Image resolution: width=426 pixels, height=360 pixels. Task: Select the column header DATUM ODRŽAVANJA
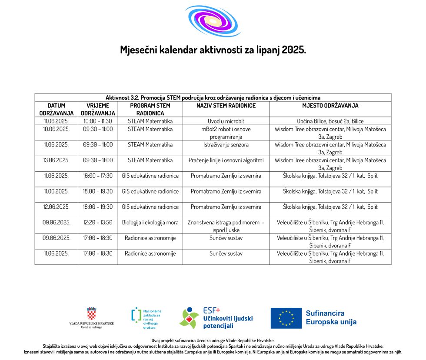56,109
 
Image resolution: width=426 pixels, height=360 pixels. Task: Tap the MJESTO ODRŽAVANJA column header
330,105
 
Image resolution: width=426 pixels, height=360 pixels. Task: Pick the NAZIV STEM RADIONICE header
226,105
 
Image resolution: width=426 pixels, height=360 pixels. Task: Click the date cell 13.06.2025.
56,160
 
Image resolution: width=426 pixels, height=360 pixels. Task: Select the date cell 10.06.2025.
56,129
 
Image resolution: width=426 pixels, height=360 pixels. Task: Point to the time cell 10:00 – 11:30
98,121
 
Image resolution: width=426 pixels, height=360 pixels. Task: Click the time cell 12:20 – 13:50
98,222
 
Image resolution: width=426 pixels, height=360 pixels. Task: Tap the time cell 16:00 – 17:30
98,176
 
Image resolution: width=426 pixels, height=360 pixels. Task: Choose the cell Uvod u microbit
226,121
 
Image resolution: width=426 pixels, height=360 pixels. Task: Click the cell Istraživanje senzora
226,144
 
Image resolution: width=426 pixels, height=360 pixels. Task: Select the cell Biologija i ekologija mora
150,222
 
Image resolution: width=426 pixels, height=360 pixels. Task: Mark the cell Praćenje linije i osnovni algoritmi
226,160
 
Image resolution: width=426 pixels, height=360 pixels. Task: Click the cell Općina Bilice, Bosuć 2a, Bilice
330,121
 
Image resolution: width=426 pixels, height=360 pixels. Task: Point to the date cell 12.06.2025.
56,207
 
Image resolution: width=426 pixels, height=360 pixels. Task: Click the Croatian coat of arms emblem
91,313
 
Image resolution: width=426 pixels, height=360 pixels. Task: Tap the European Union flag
286,318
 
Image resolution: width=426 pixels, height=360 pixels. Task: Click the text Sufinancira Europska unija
331,317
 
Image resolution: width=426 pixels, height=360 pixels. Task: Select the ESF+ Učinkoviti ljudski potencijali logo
215,318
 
